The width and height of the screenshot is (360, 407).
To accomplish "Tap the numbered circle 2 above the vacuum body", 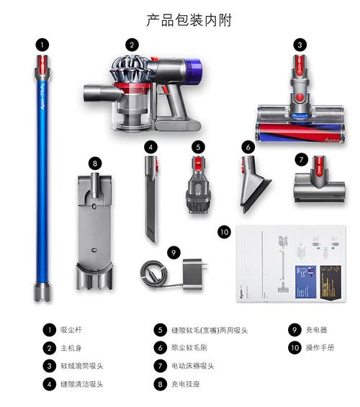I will (131, 45).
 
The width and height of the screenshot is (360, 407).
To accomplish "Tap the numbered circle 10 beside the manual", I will (224, 232).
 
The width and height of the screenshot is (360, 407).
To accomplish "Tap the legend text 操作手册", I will (320, 348).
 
